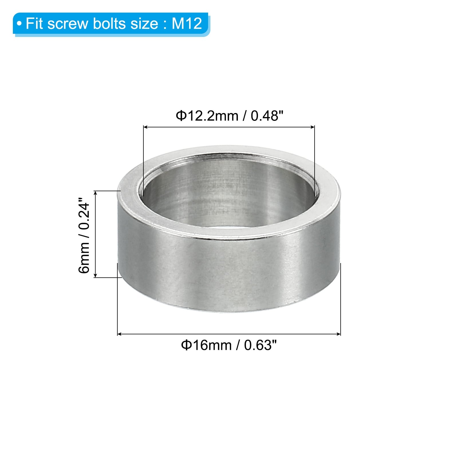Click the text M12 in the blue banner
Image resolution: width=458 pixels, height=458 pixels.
[187, 23]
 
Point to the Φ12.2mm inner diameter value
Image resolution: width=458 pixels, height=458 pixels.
[207, 116]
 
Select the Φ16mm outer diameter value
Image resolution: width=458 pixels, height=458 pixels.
[206, 345]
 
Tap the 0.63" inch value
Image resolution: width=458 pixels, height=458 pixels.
[260, 345]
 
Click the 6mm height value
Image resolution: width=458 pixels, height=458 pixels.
[84, 258]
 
